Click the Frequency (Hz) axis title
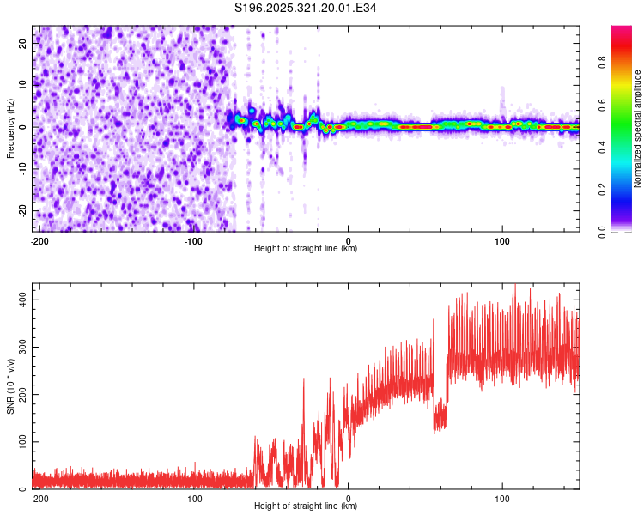coord(10,128)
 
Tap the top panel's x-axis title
coord(306,249)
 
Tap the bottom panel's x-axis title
coord(306,506)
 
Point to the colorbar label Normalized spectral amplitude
coord(638,129)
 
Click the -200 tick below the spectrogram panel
coord(39,240)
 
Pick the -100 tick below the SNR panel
coord(193,498)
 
